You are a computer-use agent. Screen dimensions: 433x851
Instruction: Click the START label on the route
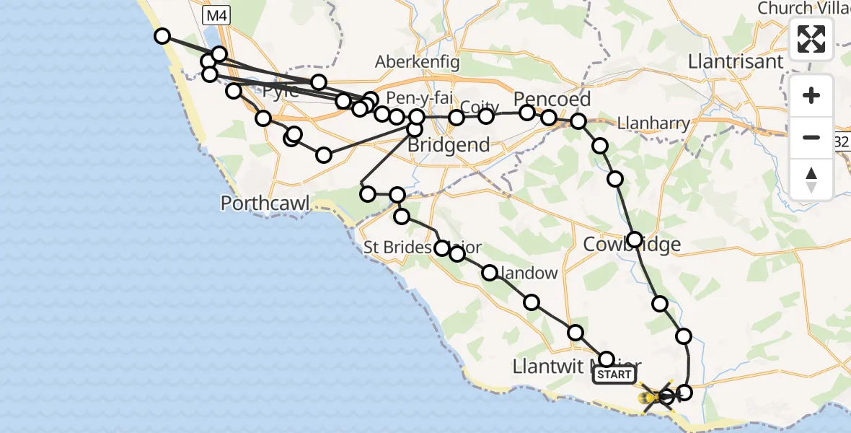pyautogui.click(x=614, y=375)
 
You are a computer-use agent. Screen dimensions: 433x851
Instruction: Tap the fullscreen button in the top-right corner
pyautogui.click(x=811, y=39)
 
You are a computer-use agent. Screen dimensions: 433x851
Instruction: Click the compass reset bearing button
pyautogui.click(x=811, y=180)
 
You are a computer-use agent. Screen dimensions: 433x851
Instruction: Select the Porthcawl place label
pyautogui.click(x=265, y=204)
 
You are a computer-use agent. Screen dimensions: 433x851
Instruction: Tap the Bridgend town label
pyautogui.click(x=449, y=145)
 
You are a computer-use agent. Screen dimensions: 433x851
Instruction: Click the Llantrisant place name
pyautogui.click(x=736, y=61)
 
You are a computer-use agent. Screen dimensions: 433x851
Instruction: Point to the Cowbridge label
pyautogui.click(x=632, y=245)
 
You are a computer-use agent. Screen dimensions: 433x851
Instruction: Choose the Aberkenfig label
pyautogui.click(x=417, y=62)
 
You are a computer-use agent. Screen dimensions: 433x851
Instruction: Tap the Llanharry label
pyautogui.click(x=654, y=123)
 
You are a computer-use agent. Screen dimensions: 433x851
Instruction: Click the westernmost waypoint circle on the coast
pyautogui.click(x=162, y=36)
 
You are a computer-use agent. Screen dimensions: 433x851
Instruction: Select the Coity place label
pyautogui.click(x=480, y=107)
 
